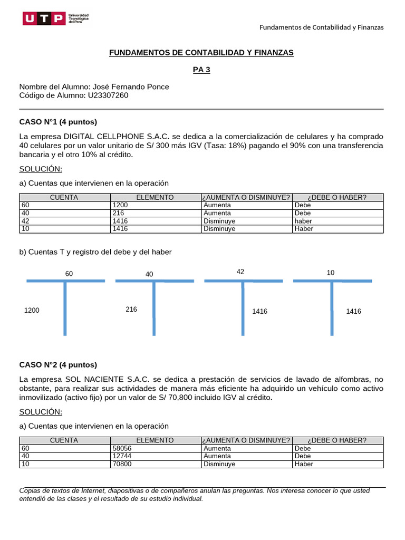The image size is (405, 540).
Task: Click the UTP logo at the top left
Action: point(55,19)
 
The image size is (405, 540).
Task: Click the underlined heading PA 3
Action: point(201,70)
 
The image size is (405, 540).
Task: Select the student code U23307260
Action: point(107,95)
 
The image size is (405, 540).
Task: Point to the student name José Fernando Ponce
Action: point(130,87)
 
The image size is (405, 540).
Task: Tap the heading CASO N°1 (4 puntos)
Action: point(58,122)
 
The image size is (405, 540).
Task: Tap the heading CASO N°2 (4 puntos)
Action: point(58,364)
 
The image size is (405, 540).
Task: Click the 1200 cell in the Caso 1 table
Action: point(121,205)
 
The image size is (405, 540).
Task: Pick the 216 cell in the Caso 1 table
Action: point(118,213)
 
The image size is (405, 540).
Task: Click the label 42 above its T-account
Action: point(240,272)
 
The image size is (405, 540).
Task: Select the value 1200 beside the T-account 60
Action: point(32,311)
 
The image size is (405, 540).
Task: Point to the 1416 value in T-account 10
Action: point(353,312)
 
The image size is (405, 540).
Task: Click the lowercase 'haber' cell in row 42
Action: point(303,221)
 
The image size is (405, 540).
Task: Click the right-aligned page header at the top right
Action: point(321,27)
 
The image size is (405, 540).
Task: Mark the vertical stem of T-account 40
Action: point(154,308)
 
